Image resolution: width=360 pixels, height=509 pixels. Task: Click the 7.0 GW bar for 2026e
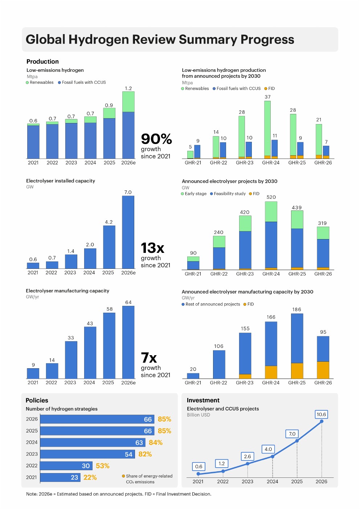point(128,232)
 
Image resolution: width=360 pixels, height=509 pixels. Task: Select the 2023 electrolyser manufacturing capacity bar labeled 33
point(71,360)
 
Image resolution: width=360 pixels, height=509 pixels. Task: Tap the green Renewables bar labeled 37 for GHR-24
point(267,128)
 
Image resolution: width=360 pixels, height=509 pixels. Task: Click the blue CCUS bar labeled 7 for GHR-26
point(326,151)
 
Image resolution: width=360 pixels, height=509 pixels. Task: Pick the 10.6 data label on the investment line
point(321,414)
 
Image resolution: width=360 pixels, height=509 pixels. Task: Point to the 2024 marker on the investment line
point(273,456)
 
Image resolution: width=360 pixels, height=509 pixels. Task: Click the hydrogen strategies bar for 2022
point(66,465)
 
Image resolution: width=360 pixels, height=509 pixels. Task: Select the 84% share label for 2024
point(155,442)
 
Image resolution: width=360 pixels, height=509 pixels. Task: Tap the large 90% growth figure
point(156,139)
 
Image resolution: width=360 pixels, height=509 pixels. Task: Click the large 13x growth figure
point(152,248)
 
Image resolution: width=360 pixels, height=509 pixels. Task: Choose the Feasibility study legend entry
point(228,194)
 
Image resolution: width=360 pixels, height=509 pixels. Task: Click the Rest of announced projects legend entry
point(211,304)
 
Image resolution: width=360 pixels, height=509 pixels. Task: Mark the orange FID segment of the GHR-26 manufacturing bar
point(323,370)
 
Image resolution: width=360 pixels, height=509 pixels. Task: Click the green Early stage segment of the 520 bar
point(271,212)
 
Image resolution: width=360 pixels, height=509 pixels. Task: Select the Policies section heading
point(37,400)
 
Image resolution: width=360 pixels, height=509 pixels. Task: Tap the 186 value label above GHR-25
point(296,309)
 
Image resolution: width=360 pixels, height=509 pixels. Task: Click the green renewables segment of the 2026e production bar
point(128,102)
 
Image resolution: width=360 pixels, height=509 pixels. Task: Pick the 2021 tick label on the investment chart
point(198,481)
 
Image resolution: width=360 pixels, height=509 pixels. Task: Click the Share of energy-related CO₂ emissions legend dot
point(123,476)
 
